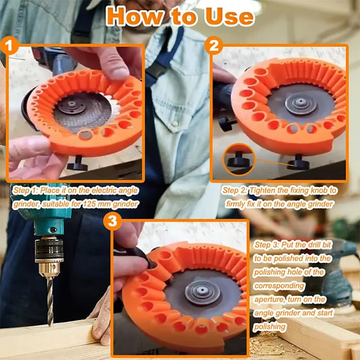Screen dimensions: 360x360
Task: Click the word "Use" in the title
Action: (x=229, y=17)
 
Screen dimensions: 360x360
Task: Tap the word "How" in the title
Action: (x=134, y=16)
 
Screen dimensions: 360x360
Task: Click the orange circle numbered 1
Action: (x=9, y=45)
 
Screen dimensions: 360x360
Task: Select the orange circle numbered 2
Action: (x=213, y=45)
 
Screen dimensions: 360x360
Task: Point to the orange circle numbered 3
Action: (x=112, y=221)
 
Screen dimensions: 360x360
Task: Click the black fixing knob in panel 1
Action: (x=77, y=163)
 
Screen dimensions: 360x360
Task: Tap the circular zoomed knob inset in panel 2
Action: (x=239, y=159)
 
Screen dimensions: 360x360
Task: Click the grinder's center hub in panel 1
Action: (x=72, y=105)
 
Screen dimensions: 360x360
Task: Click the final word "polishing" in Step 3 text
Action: (x=270, y=327)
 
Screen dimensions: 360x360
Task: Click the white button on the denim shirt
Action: (x=175, y=124)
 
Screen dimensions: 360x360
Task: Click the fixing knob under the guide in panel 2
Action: (x=298, y=162)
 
